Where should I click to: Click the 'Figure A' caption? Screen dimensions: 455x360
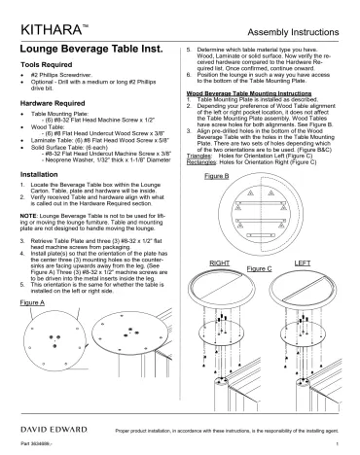click(33, 331)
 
